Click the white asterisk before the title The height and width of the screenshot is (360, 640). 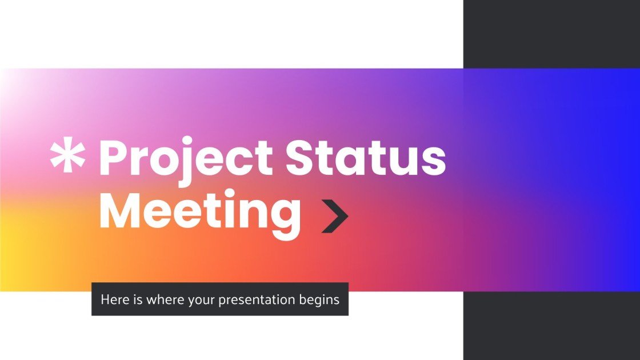[x=67, y=157]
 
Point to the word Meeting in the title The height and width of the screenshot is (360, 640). [x=200, y=213]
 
